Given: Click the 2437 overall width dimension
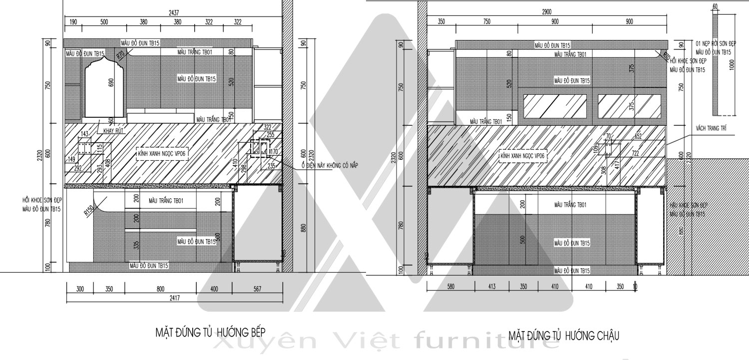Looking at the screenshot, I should [174, 12].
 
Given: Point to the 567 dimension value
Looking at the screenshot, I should [258, 289].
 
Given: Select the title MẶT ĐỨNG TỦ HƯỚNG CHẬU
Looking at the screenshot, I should [564, 335].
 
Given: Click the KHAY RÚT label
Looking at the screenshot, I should [113, 131].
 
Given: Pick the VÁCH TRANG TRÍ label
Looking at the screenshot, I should [710, 129].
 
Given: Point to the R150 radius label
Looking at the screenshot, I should [89, 211].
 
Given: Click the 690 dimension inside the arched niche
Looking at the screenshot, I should [111, 82].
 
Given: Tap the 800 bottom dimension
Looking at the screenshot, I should [160, 289].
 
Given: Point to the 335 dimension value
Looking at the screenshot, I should [136, 245].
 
